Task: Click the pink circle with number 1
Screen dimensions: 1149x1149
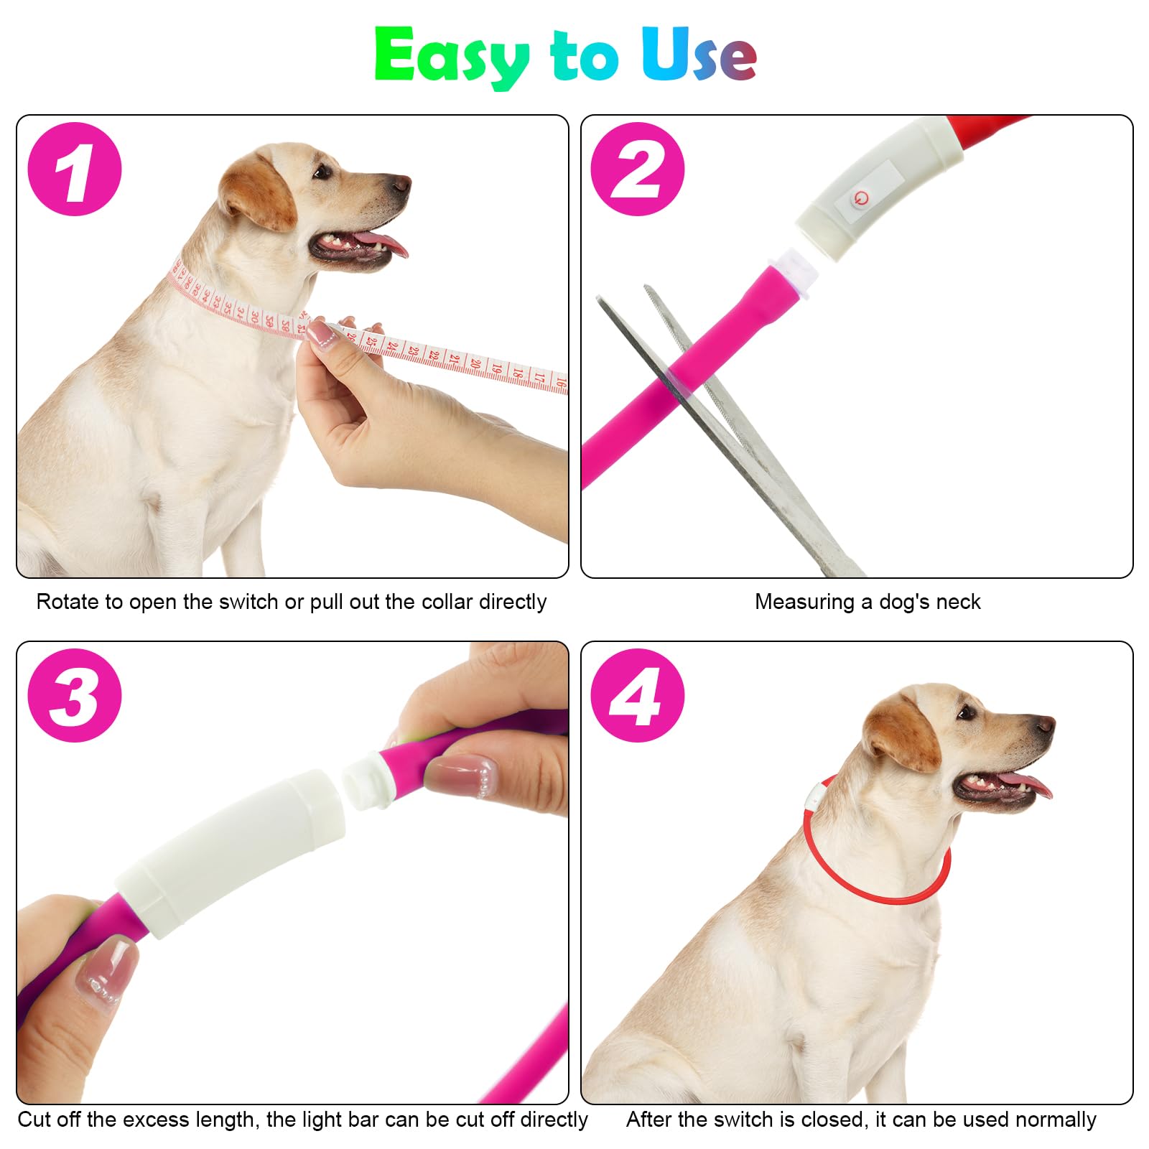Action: pyautogui.click(x=75, y=169)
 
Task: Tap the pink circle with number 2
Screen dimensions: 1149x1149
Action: pyautogui.click(x=637, y=169)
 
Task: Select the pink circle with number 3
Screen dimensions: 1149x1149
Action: pyautogui.click(x=75, y=695)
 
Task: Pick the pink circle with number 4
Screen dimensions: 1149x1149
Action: pyautogui.click(x=637, y=695)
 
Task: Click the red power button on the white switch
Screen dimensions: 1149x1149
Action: pyautogui.click(x=860, y=198)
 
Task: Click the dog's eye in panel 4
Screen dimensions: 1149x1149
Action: pyautogui.click(x=965, y=712)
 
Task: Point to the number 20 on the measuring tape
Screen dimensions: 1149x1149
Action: pyautogui.click(x=475, y=363)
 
